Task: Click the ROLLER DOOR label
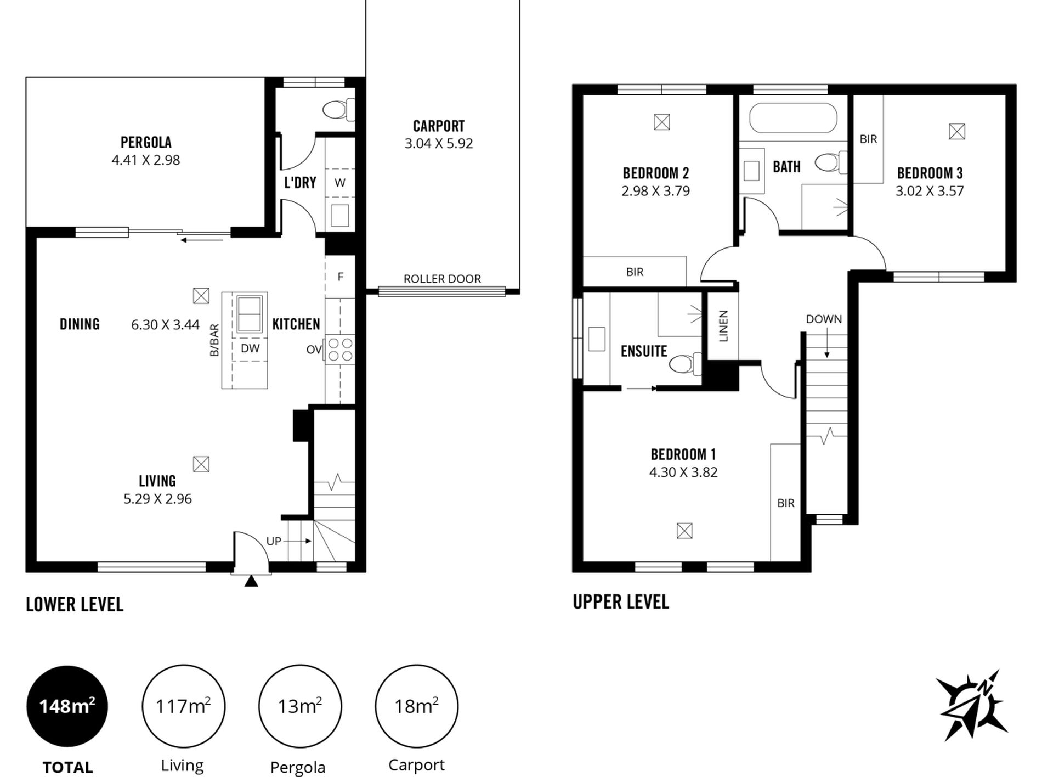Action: point(442,279)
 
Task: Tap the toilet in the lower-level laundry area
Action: point(338,109)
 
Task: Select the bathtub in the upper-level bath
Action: point(793,117)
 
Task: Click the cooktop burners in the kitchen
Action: point(340,350)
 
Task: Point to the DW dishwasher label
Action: point(250,348)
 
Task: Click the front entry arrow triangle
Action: point(251,581)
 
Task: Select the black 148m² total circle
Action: point(67,706)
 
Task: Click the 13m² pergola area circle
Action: point(300,706)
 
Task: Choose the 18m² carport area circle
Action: point(416,706)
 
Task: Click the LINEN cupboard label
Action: point(723,326)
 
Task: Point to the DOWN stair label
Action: point(824,319)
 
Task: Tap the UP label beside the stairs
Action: point(274,541)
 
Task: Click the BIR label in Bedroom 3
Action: point(868,139)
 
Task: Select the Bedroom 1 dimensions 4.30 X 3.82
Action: point(683,472)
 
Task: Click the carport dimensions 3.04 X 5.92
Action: point(439,143)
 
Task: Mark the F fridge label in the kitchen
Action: point(341,277)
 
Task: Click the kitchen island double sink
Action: point(249,313)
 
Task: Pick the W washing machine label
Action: point(340,183)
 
